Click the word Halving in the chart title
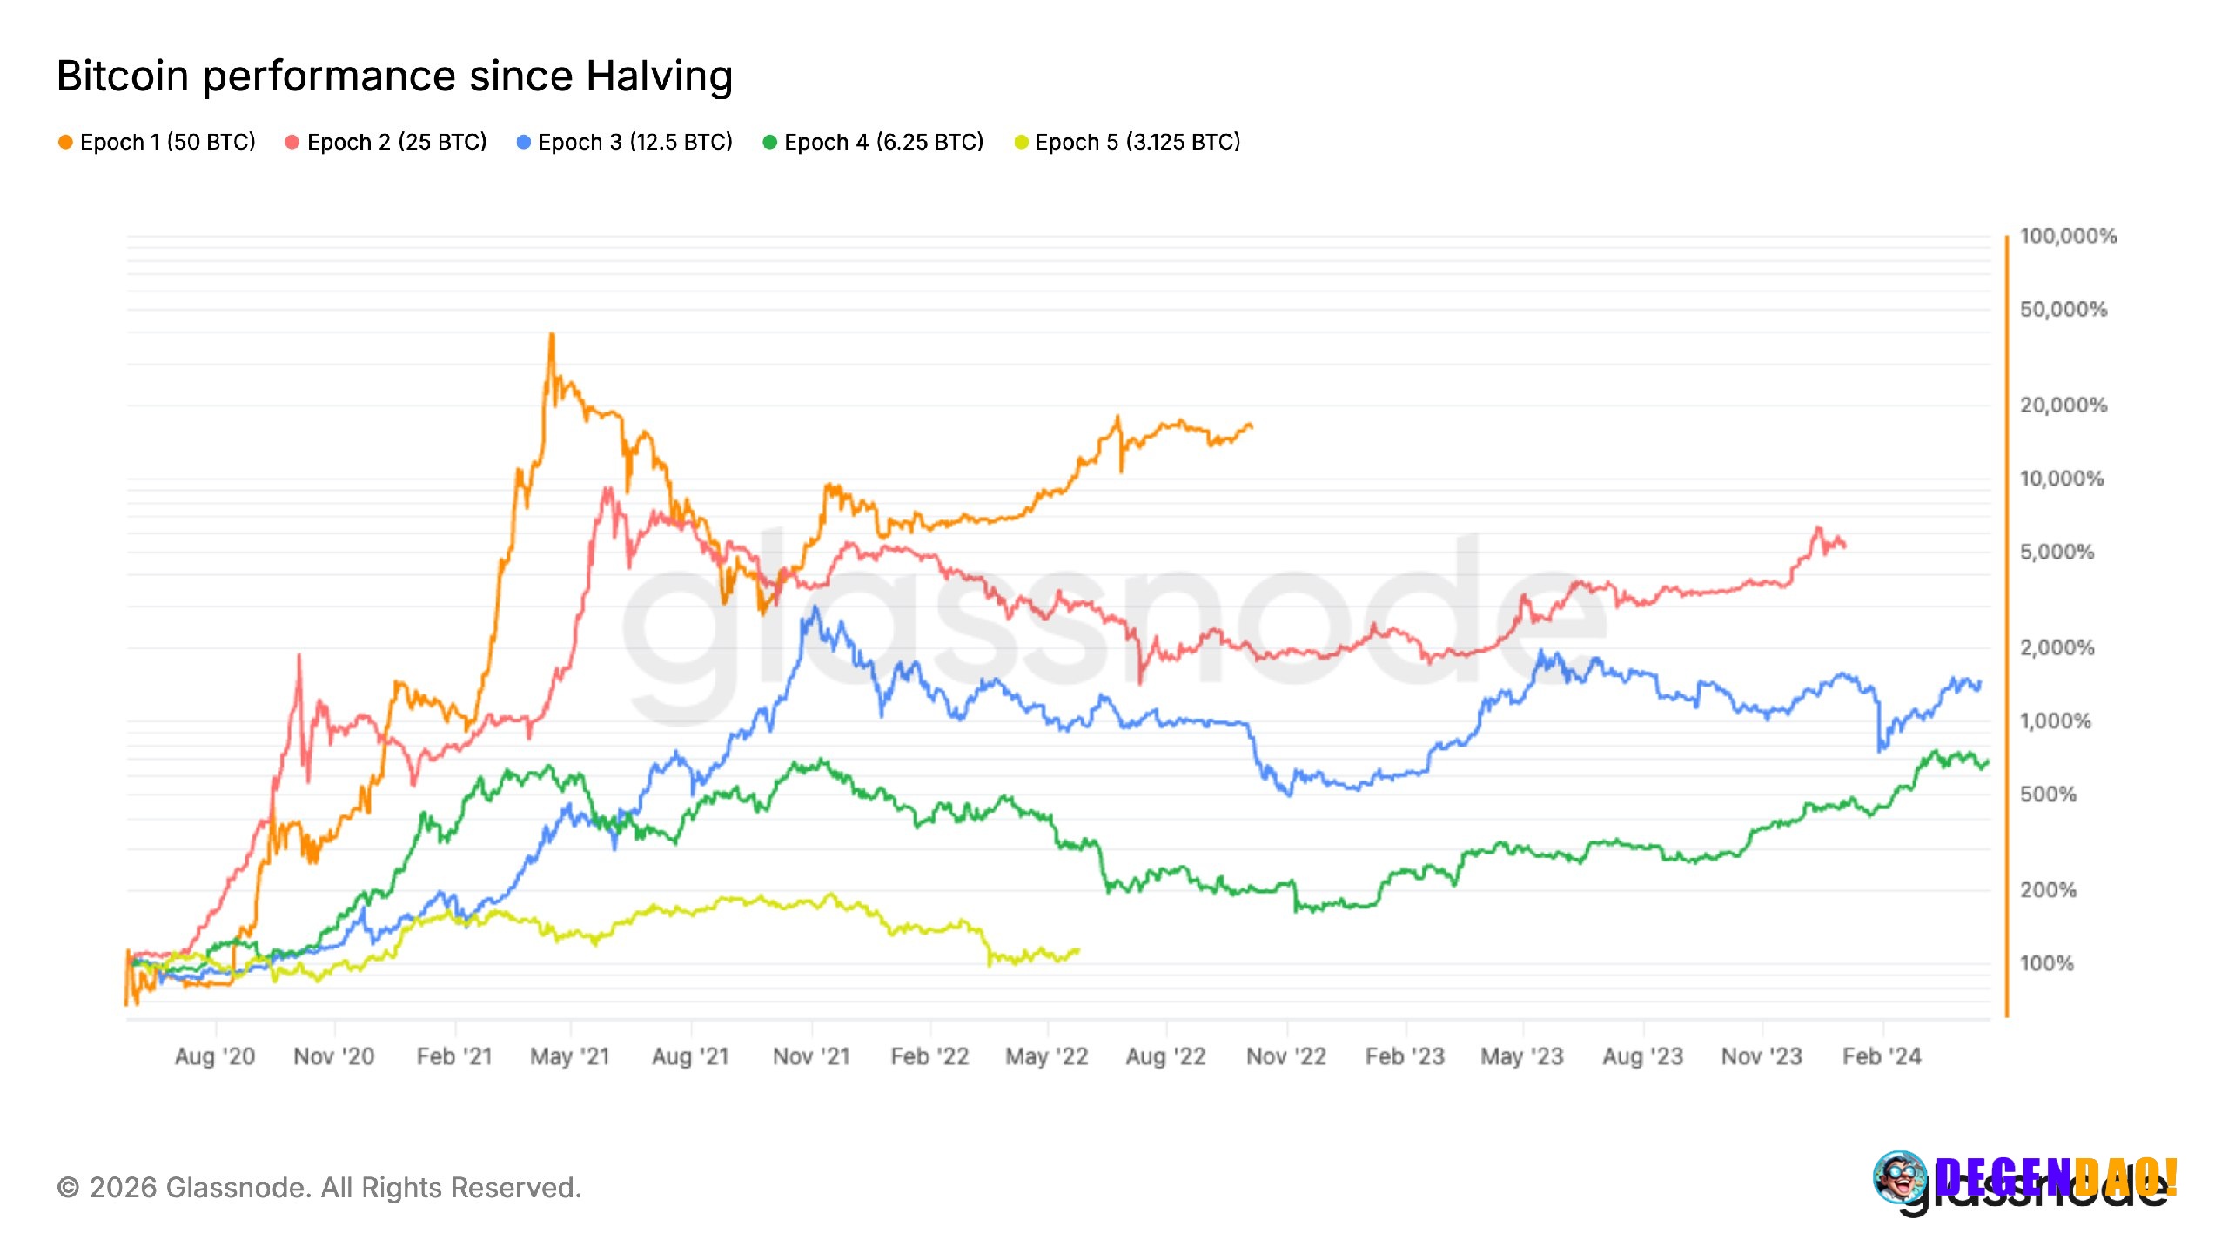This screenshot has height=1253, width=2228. [659, 77]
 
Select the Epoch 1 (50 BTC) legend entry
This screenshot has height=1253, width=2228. [158, 142]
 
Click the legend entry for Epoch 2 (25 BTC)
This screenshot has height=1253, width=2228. [386, 142]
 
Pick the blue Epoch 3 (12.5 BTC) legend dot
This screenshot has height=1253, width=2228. [523, 142]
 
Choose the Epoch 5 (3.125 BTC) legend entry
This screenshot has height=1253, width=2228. [1128, 142]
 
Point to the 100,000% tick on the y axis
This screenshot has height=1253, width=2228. [2067, 236]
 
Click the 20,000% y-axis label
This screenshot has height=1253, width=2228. [2063, 405]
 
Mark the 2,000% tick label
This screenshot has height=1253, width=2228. [2057, 647]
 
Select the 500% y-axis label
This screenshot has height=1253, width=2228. [2047, 794]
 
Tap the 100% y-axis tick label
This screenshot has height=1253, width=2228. [2046, 963]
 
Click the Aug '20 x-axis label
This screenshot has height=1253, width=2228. [214, 1056]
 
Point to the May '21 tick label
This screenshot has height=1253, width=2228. [570, 1056]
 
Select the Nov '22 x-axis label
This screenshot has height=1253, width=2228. [1285, 1056]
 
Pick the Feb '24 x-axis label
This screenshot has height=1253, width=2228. [1882, 1056]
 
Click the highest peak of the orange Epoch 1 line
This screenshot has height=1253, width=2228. [551, 335]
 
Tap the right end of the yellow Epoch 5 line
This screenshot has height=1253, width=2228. [1078, 950]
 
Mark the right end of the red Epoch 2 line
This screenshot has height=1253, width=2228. [1844, 546]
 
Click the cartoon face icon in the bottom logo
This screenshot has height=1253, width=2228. [1900, 1177]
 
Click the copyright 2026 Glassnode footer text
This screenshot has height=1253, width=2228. [319, 1188]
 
